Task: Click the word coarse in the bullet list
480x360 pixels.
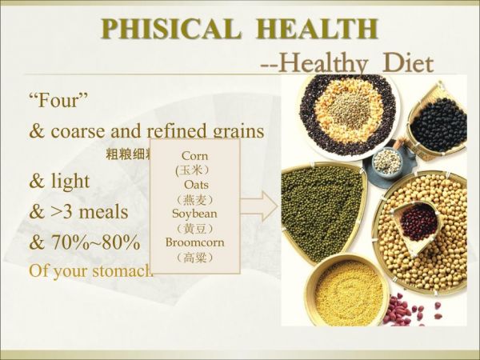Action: pos(89,130)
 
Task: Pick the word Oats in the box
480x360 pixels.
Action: pos(195,185)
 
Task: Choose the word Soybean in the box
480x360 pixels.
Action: pos(195,214)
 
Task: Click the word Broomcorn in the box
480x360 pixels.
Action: pos(195,242)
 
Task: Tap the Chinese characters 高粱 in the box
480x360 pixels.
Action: pos(195,258)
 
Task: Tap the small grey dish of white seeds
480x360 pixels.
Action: pos(386,162)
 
